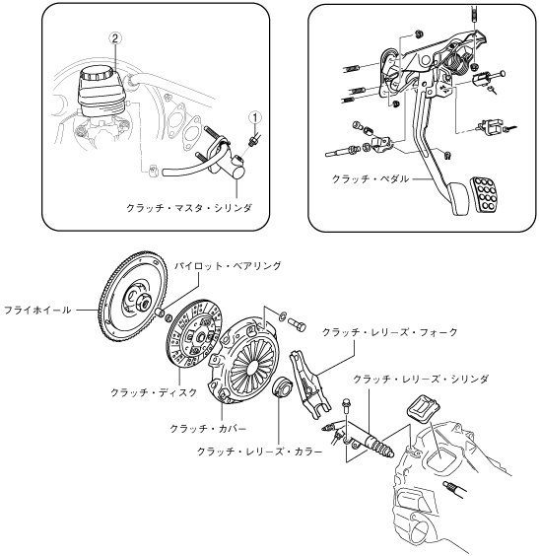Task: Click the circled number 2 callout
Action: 115,38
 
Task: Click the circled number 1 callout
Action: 255,117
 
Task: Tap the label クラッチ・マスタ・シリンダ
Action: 189,207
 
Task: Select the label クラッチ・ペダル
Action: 370,178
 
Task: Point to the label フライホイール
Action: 37,311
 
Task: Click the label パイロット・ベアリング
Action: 228,265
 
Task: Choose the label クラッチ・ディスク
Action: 154,392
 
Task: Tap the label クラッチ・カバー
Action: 208,429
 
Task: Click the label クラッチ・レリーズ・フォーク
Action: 390,332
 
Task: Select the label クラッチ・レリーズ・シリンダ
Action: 421,380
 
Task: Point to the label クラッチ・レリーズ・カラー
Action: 259,452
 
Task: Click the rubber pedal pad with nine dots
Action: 485,194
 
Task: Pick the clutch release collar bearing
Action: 282,387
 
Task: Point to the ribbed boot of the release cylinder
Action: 382,449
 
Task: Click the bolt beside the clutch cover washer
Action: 297,324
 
